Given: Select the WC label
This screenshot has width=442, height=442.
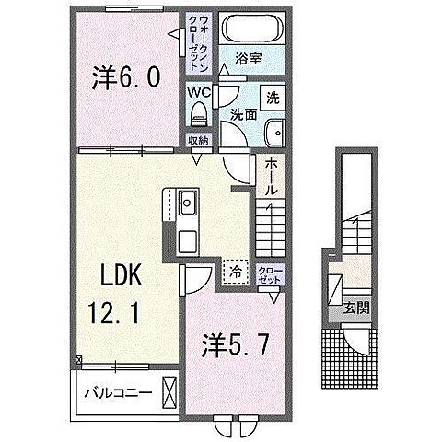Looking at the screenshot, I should tap(199, 93).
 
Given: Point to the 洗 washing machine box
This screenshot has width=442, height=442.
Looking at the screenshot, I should tap(274, 97).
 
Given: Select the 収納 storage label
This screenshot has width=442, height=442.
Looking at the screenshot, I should tap(198, 142).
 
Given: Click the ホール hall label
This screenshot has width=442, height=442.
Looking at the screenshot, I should tap(273, 175).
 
